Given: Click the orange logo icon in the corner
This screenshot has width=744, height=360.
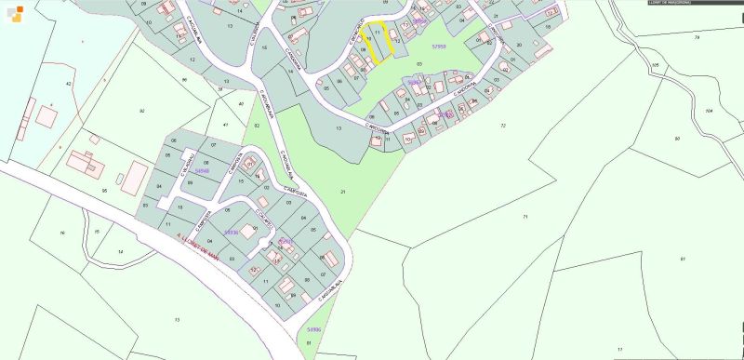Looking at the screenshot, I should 10,10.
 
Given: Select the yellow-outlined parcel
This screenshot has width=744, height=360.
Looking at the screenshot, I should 375,42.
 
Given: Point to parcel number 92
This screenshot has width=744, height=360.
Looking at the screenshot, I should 141,111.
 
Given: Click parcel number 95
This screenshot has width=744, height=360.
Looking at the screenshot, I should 104,190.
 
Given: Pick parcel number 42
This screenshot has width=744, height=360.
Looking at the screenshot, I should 68,84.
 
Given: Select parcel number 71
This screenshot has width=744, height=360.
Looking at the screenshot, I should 525,216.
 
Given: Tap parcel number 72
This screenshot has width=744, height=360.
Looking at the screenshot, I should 502,125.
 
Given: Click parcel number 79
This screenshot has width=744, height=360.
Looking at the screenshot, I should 696,37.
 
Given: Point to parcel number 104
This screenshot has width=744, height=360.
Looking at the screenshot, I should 709,111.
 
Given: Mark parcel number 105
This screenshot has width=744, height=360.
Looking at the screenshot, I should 656,65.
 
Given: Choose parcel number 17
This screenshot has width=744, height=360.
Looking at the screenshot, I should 620,349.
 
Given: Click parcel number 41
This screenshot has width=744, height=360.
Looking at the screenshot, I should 225,124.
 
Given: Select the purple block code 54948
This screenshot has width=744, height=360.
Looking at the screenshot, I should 202,170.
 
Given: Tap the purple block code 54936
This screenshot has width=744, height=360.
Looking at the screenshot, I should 232,232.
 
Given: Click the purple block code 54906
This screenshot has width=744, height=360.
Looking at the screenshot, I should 312,329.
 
